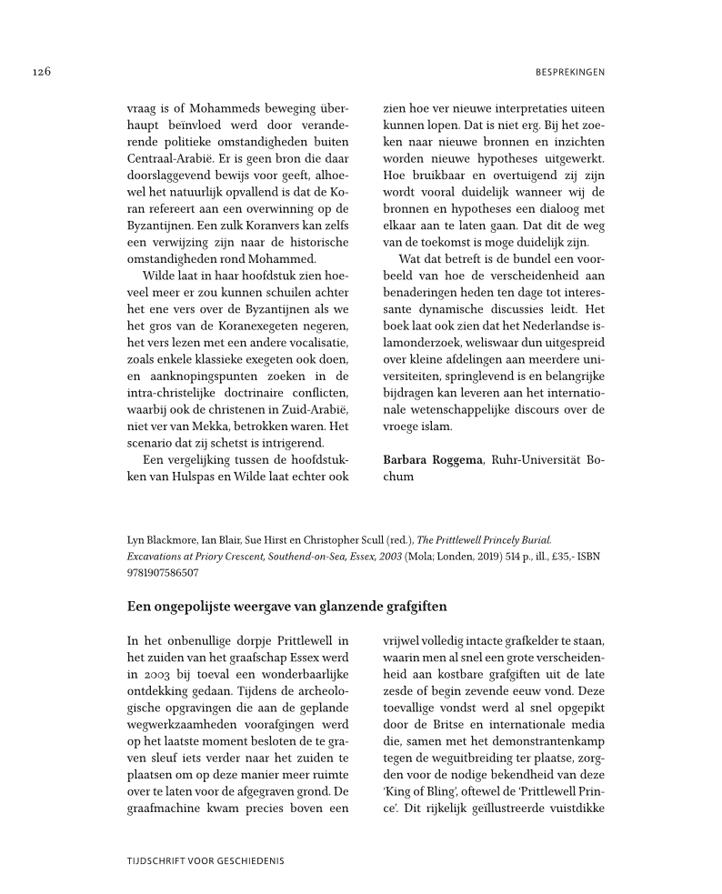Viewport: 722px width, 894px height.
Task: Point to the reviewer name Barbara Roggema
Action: (x=433, y=459)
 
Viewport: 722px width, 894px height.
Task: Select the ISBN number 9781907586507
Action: (x=163, y=573)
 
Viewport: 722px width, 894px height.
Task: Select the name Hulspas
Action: (x=196, y=476)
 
